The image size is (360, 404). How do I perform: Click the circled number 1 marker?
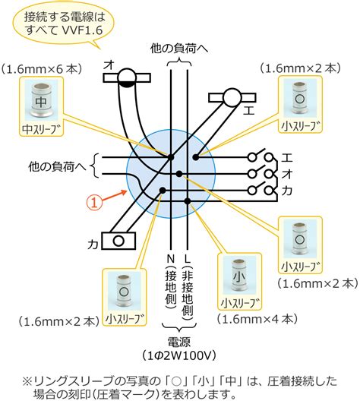[94, 203]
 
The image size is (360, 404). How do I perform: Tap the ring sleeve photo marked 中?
[41, 102]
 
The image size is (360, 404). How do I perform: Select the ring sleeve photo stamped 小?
[239, 277]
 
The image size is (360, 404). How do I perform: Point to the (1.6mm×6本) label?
[42, 70]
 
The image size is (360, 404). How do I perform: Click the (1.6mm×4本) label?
[257, 319]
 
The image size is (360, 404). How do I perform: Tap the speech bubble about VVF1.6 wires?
[63, 25]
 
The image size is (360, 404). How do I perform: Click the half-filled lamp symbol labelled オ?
[127, 77]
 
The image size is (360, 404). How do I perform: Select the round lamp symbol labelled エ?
[232, 98]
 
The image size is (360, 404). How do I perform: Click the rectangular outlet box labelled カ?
[118, 241]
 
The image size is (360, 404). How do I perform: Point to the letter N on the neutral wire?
[171, 258]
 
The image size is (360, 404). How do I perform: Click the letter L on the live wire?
[188, 258]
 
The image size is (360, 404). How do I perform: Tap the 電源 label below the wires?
[179, 342]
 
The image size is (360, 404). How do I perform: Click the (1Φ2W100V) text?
[179, 355]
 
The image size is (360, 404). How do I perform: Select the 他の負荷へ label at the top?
[179, 49]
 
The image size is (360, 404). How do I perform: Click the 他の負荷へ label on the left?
[57, 166]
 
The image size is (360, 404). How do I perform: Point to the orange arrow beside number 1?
[114, 195]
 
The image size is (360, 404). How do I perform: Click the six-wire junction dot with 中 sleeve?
[171, 157]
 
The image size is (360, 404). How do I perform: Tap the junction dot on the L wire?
[188, 201]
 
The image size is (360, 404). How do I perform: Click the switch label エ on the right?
[286, 157]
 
